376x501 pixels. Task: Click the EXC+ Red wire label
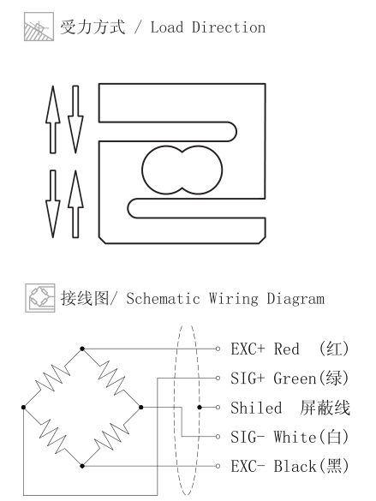(x=289, y=349)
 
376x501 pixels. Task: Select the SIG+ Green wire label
(x=289, y=378)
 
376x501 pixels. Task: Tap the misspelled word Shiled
(x=256, y=408)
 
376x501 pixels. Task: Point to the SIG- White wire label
(x=289, y=437)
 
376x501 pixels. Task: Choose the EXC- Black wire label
(x=289, y=466)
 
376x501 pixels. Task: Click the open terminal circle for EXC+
(x=218, y=349)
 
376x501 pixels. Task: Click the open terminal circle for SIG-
(x=218, y=437)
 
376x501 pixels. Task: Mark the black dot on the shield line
(x=200, y=407)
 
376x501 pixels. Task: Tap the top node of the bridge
(x=82, y=349)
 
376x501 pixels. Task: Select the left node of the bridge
(x=23, y=407)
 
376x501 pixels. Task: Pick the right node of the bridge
(x=140, y=407)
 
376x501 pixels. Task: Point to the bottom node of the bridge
(x=82, y=466)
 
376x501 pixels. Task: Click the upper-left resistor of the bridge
(x=53, y=378)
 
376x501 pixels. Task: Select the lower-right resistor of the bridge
(x=111, y=437)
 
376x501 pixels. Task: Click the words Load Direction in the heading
(x=207, y=27)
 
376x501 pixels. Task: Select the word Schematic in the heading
(x=163, y=299)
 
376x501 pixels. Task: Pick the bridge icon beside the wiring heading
(x=40, y=298)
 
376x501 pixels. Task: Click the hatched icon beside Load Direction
(x=39, y=27)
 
